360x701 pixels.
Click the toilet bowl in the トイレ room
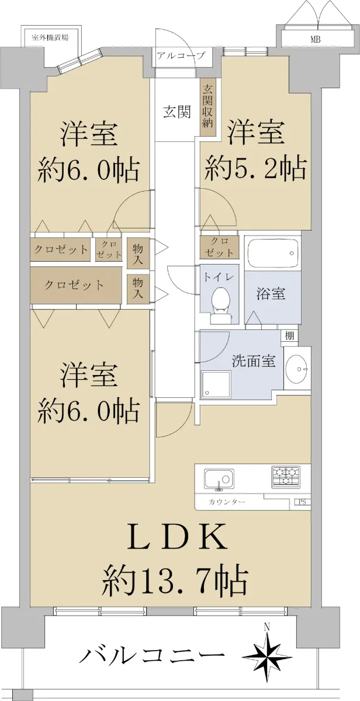click(x=221, y=302)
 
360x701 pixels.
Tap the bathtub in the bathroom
click(x=273, y=254)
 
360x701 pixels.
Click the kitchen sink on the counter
click(x=219, y=480)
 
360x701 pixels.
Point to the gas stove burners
click(x=286, y=477)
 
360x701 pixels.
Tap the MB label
click(x=315, y=40)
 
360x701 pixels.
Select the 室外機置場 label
click(x=50, y=38)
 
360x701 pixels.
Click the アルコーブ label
click(x=181, y=55)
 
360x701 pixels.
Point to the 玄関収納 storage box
click(x=207, y=106)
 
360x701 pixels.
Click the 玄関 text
click(x=177, y=112)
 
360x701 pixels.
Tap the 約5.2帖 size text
click(x=255, y=169)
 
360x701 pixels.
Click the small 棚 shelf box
click(x=289, y=336)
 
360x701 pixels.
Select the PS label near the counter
click(x=302, y=502)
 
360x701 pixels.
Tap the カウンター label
click(x=227, y=502)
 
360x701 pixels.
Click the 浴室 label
click(x=271, y=294)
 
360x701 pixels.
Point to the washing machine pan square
click(x=216, y=384)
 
